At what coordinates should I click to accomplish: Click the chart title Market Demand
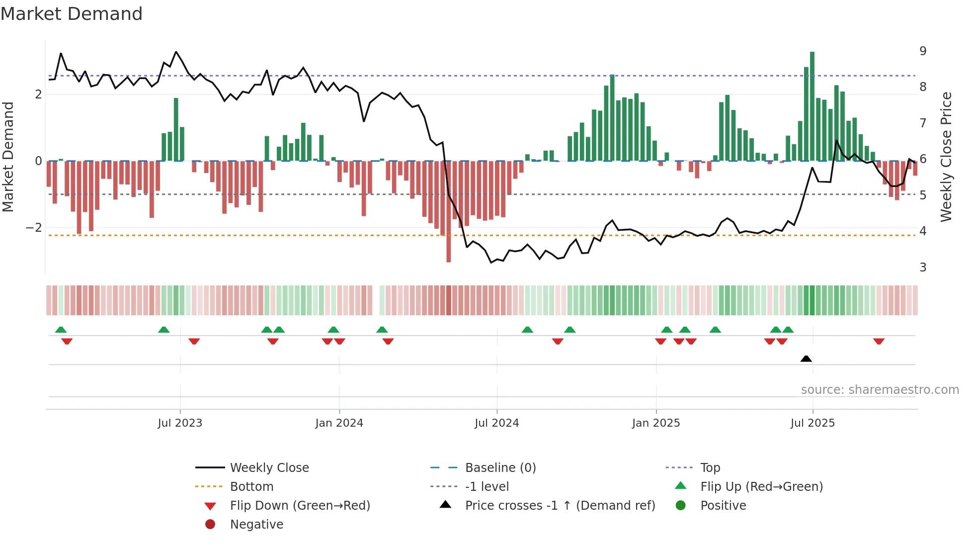[x=72, y=14]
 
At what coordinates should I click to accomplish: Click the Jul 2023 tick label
[x=180, y=423]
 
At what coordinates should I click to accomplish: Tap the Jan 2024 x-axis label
[x=339, y=423]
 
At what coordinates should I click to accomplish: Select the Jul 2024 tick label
[x=496, y=423]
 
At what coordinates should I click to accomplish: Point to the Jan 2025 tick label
[x=656, y=423]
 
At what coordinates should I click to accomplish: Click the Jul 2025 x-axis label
[x=812, y=423]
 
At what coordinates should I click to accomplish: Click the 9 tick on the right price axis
[x=923, y=51]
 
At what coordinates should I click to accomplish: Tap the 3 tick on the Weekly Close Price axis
[x=923, y=268]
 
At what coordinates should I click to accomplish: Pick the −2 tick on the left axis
[x=34, y=228]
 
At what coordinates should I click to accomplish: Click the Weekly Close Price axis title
[x=946, y=157]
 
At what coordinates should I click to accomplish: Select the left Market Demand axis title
[x=8, y=157]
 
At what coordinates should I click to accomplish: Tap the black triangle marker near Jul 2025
[x=806, y=359]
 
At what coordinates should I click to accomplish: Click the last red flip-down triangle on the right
[x=879, y=341]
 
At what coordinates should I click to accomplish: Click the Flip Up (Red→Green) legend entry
[x=761, y=486]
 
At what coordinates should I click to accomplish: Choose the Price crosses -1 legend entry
[x=560, y=505]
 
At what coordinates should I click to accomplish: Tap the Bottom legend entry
[x=251, y=486]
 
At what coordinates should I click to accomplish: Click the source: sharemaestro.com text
[x=880, y=390]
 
